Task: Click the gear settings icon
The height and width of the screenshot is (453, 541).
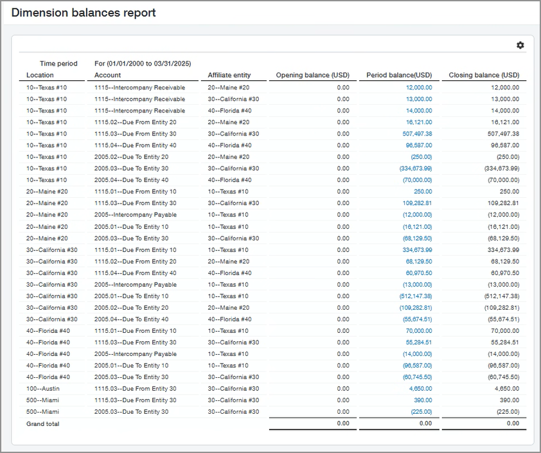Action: [520, 45]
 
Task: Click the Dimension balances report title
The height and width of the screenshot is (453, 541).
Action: [84, 12]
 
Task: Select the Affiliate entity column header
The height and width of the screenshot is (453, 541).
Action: [229, 75]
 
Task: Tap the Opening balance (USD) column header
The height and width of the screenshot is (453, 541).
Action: [312, 75]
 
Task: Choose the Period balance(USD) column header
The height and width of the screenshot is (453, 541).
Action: [399, 75]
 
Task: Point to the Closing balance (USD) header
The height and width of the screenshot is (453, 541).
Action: [484, 75]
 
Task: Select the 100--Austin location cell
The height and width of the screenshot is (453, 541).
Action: [43, 389]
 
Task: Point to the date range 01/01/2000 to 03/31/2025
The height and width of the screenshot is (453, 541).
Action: [143, 64]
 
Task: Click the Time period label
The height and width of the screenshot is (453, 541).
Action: [58, 64]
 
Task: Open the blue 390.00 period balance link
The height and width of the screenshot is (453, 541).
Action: [424, 400]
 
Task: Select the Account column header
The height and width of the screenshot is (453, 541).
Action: [107, 75]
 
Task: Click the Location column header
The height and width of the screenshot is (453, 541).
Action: [40, 75]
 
